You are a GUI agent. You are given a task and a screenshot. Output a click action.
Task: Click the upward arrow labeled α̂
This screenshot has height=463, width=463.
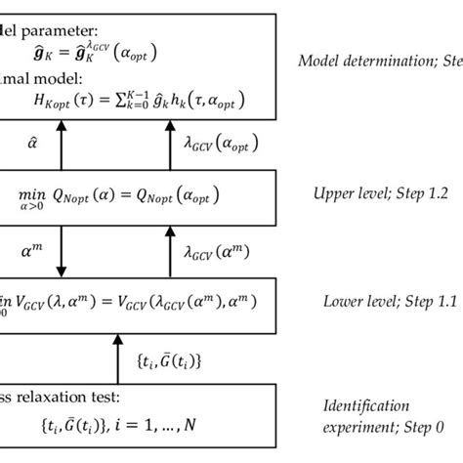coord(61,143)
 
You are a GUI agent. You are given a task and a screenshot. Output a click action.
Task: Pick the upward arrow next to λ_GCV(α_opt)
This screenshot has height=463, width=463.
coord(173,143)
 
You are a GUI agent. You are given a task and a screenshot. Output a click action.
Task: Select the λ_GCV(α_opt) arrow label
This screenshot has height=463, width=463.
coord(220,143)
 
